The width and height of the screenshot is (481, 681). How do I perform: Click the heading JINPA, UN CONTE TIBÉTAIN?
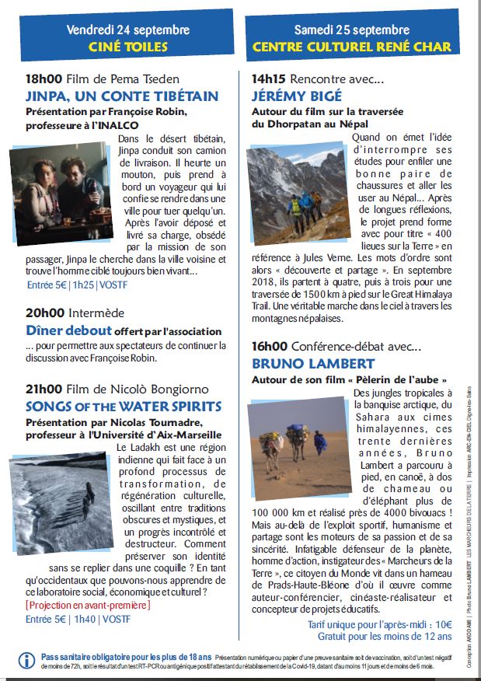122,97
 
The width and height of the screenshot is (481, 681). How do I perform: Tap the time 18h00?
44,79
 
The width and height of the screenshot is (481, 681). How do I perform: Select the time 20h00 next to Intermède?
44,313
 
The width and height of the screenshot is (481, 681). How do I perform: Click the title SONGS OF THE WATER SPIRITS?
124,407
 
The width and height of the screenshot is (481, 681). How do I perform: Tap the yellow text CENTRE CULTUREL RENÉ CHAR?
352,47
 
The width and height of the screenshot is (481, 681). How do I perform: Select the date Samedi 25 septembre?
352,30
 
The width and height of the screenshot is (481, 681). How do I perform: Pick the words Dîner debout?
68,330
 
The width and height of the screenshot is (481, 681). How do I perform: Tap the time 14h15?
269,79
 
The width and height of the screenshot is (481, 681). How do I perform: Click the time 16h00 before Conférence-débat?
270,347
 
